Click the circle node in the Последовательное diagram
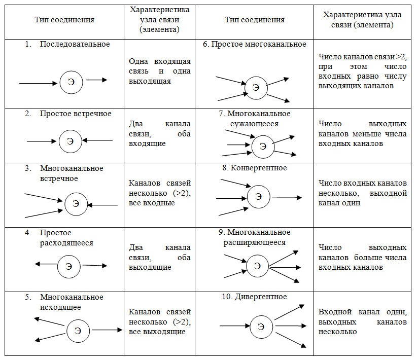71,82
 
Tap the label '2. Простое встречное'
68,114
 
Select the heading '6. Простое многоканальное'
255,44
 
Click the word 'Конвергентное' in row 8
259,168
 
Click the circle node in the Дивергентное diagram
261,327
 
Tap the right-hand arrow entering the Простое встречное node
98,140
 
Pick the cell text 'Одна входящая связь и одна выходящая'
160,71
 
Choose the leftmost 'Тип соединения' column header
64,20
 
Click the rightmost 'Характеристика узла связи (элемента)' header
362,20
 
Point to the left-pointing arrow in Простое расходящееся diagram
45,264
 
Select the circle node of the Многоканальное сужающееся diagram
263,146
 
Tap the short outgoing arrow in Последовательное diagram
96,80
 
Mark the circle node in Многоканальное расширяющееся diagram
257,265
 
